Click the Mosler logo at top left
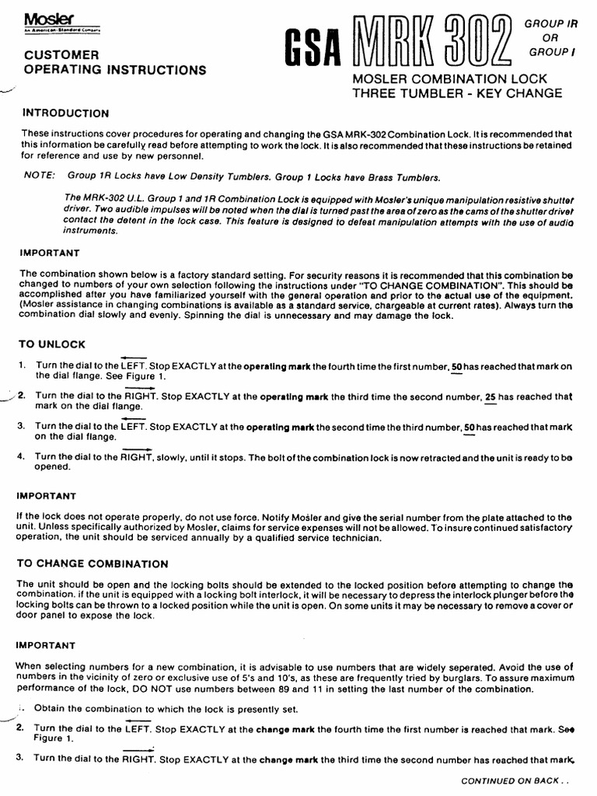point(45,18)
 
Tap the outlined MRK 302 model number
point(432,40)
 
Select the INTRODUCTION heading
point(65,113)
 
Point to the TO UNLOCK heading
point(52,344)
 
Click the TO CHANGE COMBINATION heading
point(93,564)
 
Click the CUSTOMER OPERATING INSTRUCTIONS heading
point(115,63)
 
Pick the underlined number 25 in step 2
point(491,396)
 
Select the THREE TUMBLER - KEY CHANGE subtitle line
point(457,93)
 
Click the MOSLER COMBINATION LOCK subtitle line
point(450,79)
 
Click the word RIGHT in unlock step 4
point(136,457)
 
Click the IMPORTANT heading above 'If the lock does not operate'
point(48,496)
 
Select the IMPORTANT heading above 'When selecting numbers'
point(48,646)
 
